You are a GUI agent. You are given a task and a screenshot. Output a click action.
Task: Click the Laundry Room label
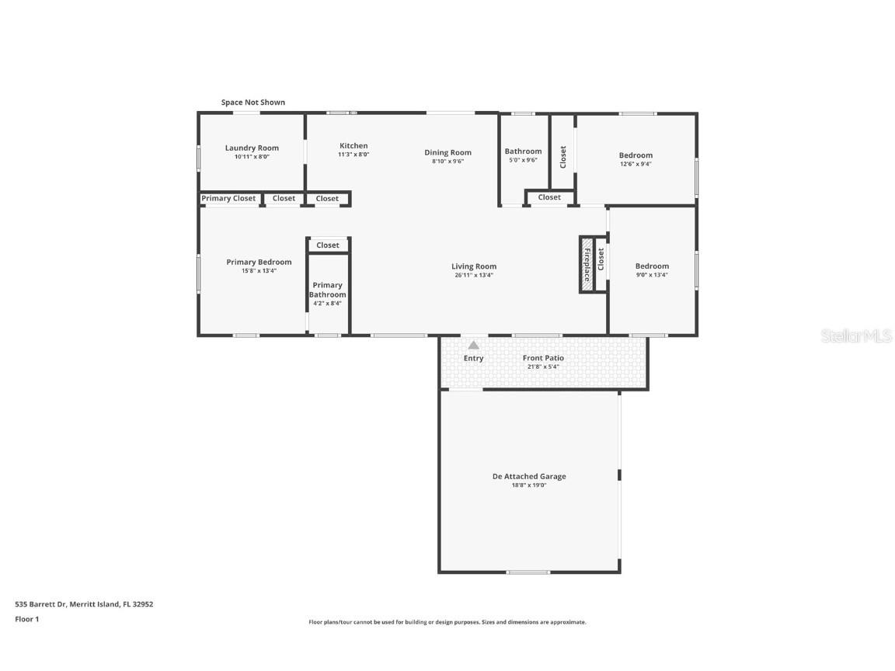[252, 148]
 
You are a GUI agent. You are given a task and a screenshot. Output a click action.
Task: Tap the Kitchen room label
[353, 145]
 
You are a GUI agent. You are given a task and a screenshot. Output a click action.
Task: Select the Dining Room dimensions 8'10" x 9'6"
[447, 162]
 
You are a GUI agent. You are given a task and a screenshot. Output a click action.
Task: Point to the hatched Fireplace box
[587, 265]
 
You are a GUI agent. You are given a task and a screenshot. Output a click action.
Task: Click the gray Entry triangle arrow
[473, 345]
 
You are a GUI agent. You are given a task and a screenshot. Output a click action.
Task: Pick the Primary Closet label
[228, 199]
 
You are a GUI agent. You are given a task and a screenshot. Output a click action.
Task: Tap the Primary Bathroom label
[327, 290]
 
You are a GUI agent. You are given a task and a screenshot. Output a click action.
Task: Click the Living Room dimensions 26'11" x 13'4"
[474, 275]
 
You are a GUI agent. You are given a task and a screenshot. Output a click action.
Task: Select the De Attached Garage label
[529, 476]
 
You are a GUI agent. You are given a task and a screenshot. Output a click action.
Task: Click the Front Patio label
[543, 358]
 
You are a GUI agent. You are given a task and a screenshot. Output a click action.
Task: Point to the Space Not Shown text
[252, 103]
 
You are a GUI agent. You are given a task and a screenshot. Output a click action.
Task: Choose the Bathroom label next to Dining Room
[523, 151]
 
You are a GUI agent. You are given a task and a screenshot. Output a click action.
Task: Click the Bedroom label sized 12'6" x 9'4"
[636, 155]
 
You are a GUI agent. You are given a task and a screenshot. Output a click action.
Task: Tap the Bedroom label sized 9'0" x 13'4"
[651, 266]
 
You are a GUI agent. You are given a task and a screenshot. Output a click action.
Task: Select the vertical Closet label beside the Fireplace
[601, 259]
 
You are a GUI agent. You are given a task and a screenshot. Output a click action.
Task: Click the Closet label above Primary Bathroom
[328, 245]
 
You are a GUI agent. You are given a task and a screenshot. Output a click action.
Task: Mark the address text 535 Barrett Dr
[84, 603]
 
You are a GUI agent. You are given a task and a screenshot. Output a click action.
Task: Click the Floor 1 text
[26, 619]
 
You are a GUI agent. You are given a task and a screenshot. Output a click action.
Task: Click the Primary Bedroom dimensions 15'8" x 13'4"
[259, 271]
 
